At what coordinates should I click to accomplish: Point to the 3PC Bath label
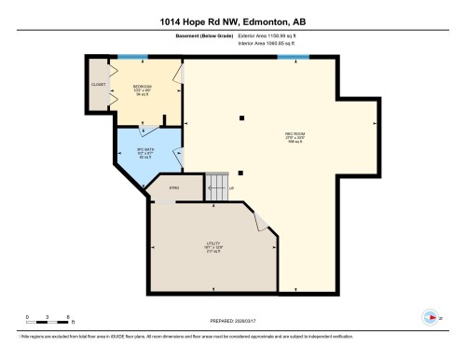tap(144, 152)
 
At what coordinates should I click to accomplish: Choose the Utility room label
tap(213, 247)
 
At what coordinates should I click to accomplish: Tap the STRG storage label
tap(173, 188)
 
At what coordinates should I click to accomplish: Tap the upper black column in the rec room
tap(240, 117)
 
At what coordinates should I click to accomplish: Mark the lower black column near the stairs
tap(240, 172)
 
